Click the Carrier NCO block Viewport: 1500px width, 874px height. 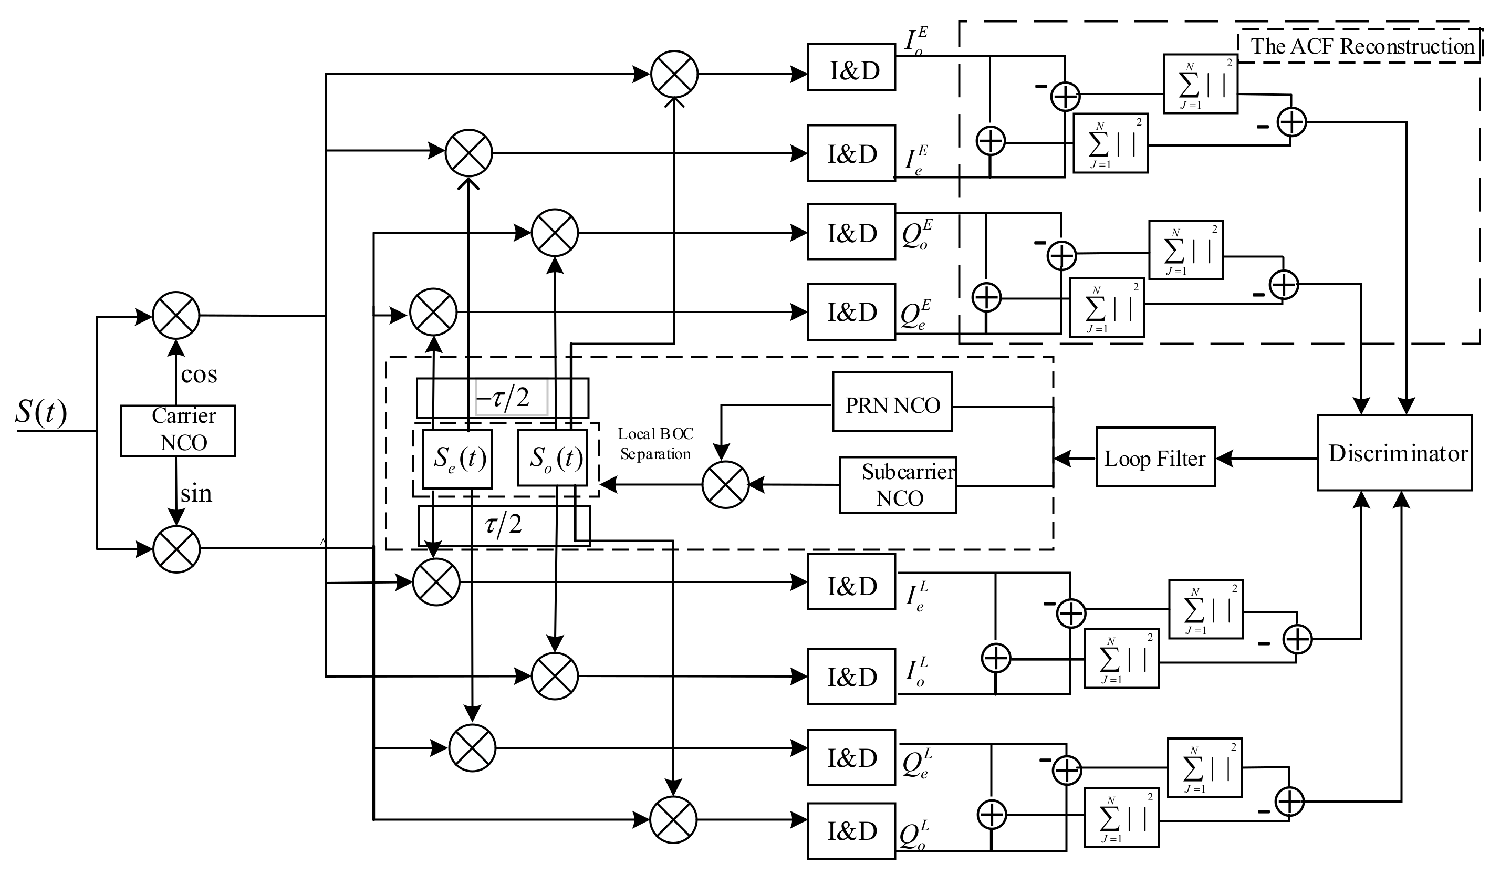(178, 431)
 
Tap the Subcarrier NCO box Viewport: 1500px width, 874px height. (898, 485)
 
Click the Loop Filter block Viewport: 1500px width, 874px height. (1155, 457)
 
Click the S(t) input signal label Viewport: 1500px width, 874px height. (40, 411)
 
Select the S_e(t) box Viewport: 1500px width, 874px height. (457, 458)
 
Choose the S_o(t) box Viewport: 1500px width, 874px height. (552, 457)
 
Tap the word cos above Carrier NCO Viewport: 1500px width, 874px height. (199, 374)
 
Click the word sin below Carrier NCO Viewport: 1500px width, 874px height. (196, 493)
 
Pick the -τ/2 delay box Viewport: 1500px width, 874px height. (503, 397)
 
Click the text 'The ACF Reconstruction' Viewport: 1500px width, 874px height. (1362, 46)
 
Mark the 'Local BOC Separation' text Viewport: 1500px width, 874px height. (655, 443)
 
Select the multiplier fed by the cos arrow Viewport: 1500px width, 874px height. (176, 316)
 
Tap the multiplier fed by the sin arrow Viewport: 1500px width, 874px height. (176, 549)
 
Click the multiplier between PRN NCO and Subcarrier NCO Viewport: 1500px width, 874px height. (725, 485)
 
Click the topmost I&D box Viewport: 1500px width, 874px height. (851, 67)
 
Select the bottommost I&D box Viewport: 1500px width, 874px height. (851, 831)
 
